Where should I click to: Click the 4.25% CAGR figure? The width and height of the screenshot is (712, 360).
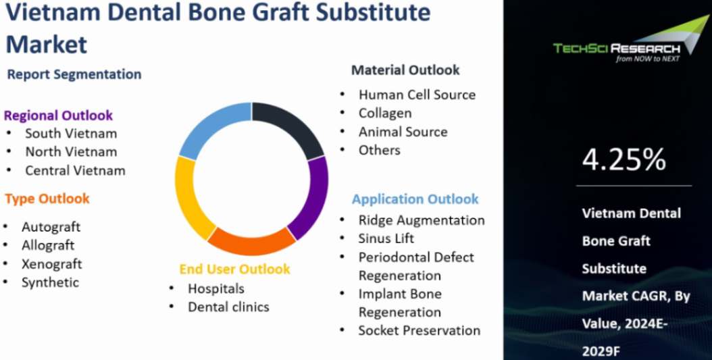point(624,159)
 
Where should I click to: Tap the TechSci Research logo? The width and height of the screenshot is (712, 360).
point(621,46)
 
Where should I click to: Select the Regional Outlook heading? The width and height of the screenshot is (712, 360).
point(58,115)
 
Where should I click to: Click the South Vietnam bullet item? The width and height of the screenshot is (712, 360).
point(71,134)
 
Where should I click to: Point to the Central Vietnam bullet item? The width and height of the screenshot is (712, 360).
point(75,170)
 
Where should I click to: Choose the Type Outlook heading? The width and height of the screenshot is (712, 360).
point(47,199)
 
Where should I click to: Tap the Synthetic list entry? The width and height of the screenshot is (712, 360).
point(50,282)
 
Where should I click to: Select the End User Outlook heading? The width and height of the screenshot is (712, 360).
point(234,269)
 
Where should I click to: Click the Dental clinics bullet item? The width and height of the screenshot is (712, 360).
point(228,307)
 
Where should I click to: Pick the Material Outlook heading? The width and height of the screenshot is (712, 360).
point(405,70)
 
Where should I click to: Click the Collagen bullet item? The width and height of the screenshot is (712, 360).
point(384,113)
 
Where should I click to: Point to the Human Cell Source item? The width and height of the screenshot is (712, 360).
point(417,95)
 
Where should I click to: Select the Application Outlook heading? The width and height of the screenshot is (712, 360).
point(415,199)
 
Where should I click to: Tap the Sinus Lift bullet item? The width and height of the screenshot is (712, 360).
point(386,238)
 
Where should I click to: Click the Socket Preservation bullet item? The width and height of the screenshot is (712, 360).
point(419,330)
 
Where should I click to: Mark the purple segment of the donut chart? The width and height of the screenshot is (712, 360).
point(312,196)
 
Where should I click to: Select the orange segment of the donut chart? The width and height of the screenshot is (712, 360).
point(250,240)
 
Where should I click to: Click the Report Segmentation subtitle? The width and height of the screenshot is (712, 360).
point(74,74)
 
